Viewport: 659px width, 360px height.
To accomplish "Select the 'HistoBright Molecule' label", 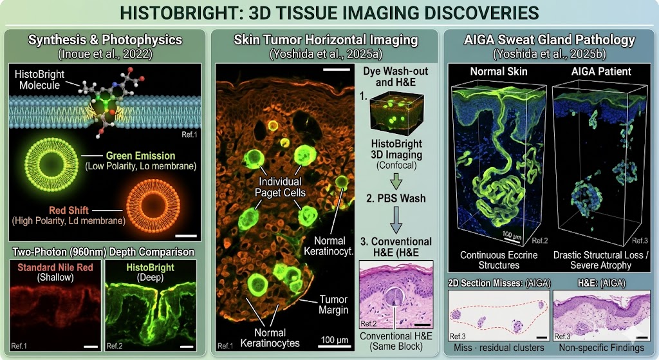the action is (x=39, y=80).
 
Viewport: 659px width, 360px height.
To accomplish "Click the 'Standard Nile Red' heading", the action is (x=55, y=267).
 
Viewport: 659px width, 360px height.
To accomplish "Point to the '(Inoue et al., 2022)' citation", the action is (x=105, y=54).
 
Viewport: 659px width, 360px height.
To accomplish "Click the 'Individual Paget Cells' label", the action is (x=280, y=187).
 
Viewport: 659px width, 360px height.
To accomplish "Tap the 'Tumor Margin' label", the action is (x=334, y=305).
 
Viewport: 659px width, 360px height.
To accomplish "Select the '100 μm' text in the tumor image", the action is (x=334, y=340).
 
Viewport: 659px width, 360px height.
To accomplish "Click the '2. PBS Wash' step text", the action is (x=396, y=198).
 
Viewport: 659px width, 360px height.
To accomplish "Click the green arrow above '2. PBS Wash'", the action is (x=396, y=181).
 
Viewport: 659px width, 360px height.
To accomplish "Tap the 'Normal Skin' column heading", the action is (x=499, y=71).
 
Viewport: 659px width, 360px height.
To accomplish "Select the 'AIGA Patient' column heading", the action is (x=601, y=71).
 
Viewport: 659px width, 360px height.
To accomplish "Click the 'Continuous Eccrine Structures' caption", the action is (x=499, y=260).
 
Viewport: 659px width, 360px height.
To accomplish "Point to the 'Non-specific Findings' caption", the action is (x=602, y=348).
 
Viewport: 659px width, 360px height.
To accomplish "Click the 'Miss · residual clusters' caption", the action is (x=499, y=348).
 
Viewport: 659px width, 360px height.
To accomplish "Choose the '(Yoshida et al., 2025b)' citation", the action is (x=550, y=54).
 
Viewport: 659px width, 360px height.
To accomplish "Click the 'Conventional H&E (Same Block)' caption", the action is (x=396, y=341).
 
